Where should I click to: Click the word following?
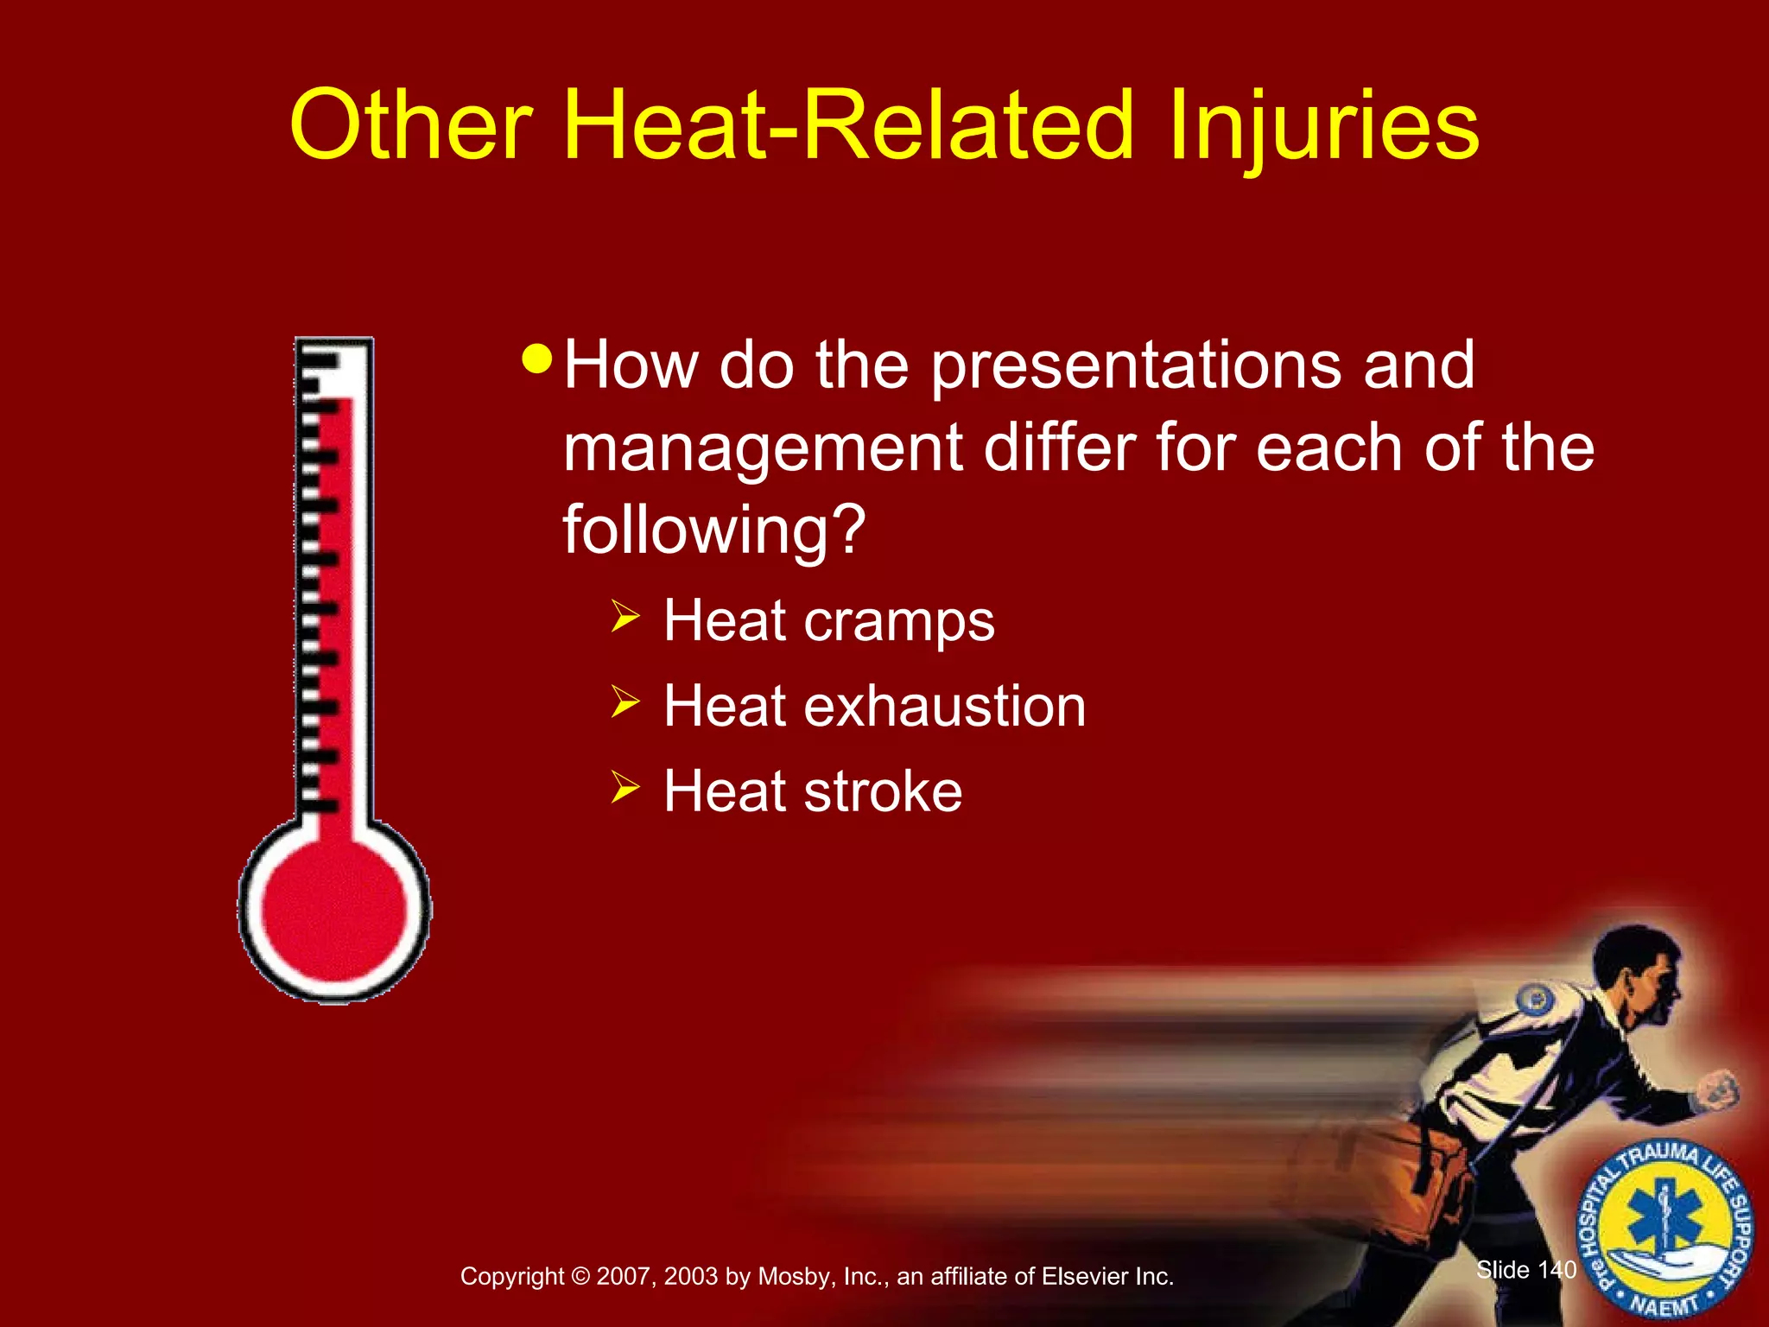coord(713,530)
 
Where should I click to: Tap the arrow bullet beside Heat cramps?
coord(625,617)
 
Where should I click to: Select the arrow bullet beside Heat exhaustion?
coord(625,702)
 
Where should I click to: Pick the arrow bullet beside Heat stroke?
coord(625,786)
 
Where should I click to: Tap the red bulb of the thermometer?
coord(333,911)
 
